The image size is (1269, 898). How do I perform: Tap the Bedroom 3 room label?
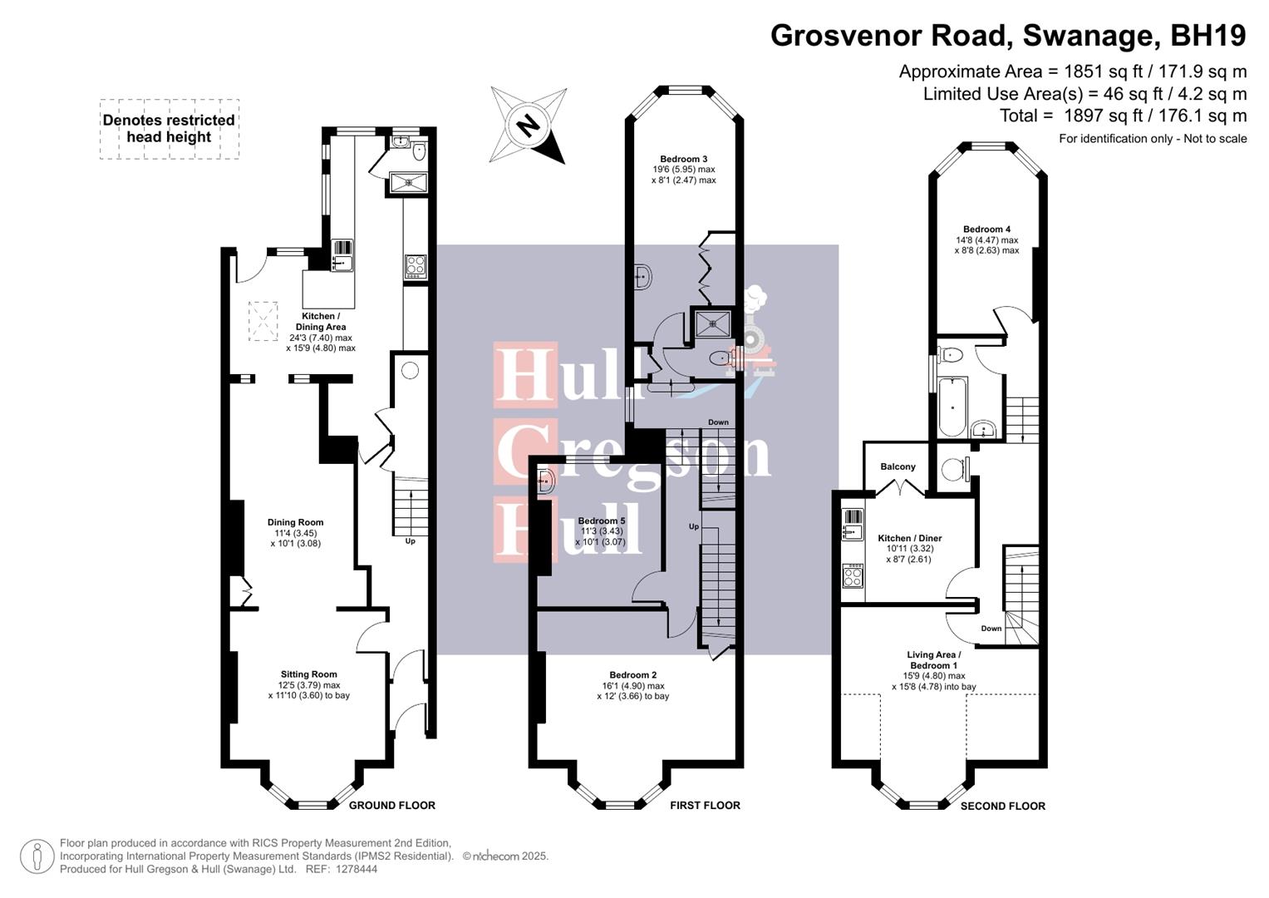click(683, 160)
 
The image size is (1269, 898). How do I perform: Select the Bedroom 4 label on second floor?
click(986, 229)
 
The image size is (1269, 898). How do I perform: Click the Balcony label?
click(898, 466)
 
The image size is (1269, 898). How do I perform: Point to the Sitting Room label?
click(308, 674)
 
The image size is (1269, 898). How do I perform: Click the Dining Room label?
click(295, 522)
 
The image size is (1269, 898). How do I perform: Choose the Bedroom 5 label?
click(601, 521)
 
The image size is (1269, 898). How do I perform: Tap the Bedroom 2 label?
click(632, 675)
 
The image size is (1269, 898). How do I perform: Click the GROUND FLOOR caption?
click(391, 805)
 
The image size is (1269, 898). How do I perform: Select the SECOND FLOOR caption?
click(1002, 806)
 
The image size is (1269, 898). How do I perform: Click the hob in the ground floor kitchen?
click(416, 265)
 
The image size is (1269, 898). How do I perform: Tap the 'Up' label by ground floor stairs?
click(410, 541)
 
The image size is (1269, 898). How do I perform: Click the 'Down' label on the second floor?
click(991, 629)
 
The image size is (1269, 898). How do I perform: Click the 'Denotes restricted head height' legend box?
click(170, 129)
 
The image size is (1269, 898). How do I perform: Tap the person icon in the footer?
click(37, 856)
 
